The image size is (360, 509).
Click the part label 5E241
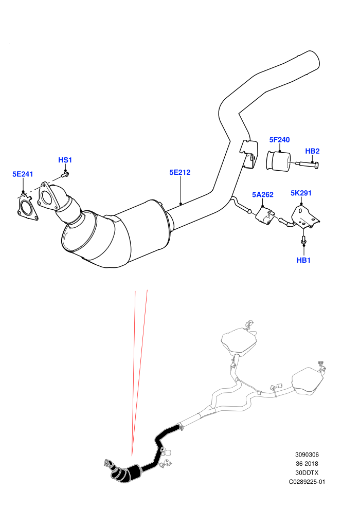point(23,174)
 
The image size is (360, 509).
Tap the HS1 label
point(65,160)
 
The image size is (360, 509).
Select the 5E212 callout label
point(180,172)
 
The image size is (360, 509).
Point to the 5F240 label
point(279,139)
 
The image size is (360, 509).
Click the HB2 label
point(312,151)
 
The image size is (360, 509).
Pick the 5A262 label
point(263,194)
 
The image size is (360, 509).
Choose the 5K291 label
point(301,193)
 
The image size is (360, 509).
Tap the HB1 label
point(303,260)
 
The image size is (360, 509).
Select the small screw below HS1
point(64,175)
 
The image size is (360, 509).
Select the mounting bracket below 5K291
point(305,217)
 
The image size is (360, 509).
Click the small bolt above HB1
point(303,241)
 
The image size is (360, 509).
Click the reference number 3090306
point(307,455)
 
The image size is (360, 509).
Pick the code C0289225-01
point(307,482)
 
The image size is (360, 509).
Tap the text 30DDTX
point(307,472)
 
